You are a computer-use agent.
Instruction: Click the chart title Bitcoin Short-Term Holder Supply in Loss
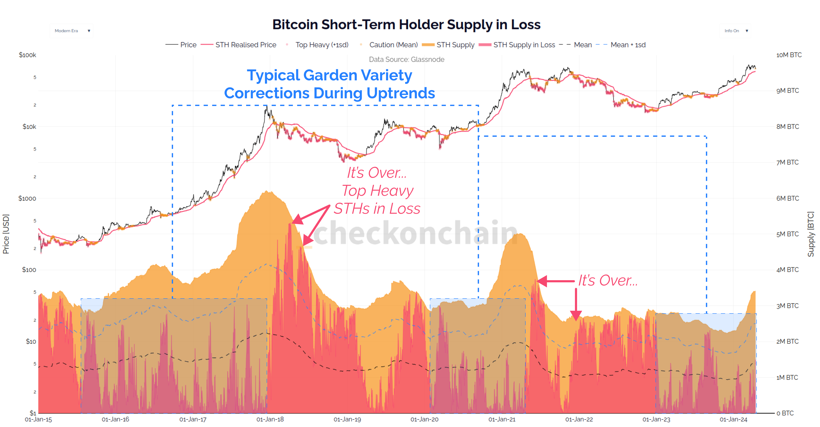(406, 25)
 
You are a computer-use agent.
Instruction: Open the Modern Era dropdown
(71, 31)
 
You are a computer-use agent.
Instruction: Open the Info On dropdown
(735, 31)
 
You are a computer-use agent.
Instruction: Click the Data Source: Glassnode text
(407, 60)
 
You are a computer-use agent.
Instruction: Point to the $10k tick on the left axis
(29, 127)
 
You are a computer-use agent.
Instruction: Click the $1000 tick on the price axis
(27, 198)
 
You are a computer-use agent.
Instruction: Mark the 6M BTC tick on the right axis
(787, 198)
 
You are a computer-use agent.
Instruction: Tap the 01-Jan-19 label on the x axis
(347, 419)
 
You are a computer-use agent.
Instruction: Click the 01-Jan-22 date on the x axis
(579, 419)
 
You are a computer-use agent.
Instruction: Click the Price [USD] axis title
(6, 234)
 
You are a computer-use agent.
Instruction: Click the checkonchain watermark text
(414, 233)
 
